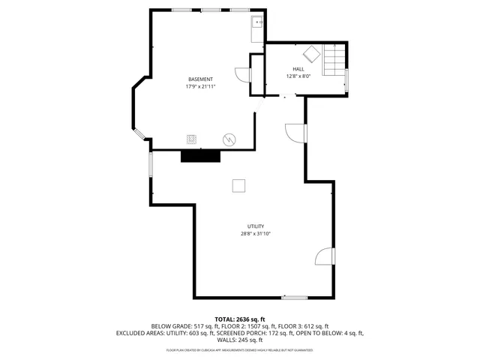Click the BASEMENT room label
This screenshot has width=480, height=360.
200,79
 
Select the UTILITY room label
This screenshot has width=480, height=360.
255,226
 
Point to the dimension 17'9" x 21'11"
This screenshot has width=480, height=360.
200,87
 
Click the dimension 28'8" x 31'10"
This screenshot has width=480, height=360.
255,234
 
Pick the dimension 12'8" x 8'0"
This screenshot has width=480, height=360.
298,76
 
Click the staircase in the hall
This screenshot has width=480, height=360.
334,61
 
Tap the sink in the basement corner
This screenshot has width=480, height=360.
256,22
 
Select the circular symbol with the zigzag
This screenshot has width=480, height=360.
229,139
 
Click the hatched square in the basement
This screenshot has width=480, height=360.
193,139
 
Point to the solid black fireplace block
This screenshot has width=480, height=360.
200,155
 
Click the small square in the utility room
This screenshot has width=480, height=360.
239,186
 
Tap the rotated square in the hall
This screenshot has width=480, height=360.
310,54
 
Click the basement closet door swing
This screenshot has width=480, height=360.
242,76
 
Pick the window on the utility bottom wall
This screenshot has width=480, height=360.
294,298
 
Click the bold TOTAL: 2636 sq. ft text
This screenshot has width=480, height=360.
240,319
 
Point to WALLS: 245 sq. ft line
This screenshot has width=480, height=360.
240,340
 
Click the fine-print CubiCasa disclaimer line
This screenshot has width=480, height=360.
240,349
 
